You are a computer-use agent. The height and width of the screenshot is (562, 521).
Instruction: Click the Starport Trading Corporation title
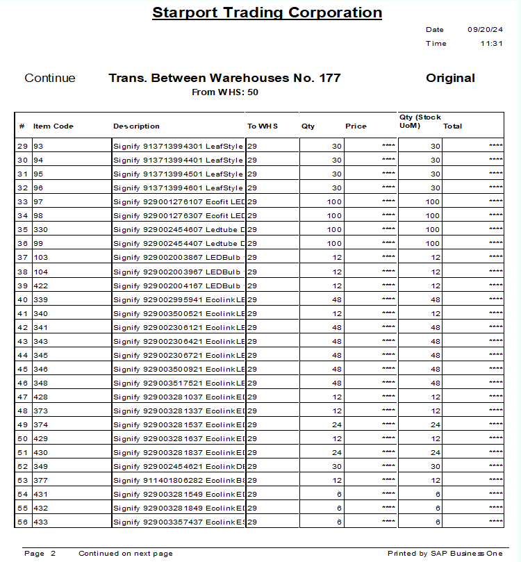point(267,13)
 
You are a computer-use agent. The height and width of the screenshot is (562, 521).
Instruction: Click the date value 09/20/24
point(485,30)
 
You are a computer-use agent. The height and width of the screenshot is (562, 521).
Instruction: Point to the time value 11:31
point(491,44)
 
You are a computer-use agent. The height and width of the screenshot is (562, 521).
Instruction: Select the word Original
point(450,78)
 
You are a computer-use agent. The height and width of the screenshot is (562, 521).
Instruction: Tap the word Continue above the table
point(50,78)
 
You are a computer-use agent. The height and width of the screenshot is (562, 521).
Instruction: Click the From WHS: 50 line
point(225,92)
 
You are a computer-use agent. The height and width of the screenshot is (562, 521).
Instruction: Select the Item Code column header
point(53,126)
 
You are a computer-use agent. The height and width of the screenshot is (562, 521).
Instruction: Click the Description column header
point(136,126)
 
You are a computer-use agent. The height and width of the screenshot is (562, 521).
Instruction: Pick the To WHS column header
point(263,126)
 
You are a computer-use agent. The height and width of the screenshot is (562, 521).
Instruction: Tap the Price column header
point(356,126)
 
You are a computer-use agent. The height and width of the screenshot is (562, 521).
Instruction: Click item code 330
point(40,230)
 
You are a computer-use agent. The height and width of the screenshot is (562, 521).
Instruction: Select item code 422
point(40,286)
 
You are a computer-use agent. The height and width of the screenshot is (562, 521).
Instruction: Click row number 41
point(22,313)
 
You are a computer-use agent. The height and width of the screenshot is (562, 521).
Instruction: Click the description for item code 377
point(179,480)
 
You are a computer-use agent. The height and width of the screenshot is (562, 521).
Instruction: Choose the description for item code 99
point(179,244)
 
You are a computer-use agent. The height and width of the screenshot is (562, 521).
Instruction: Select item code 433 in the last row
point(40,522)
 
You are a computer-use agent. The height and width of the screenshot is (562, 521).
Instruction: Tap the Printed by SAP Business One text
point(445,554)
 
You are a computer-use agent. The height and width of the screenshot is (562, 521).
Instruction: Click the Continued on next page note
point(125,554)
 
